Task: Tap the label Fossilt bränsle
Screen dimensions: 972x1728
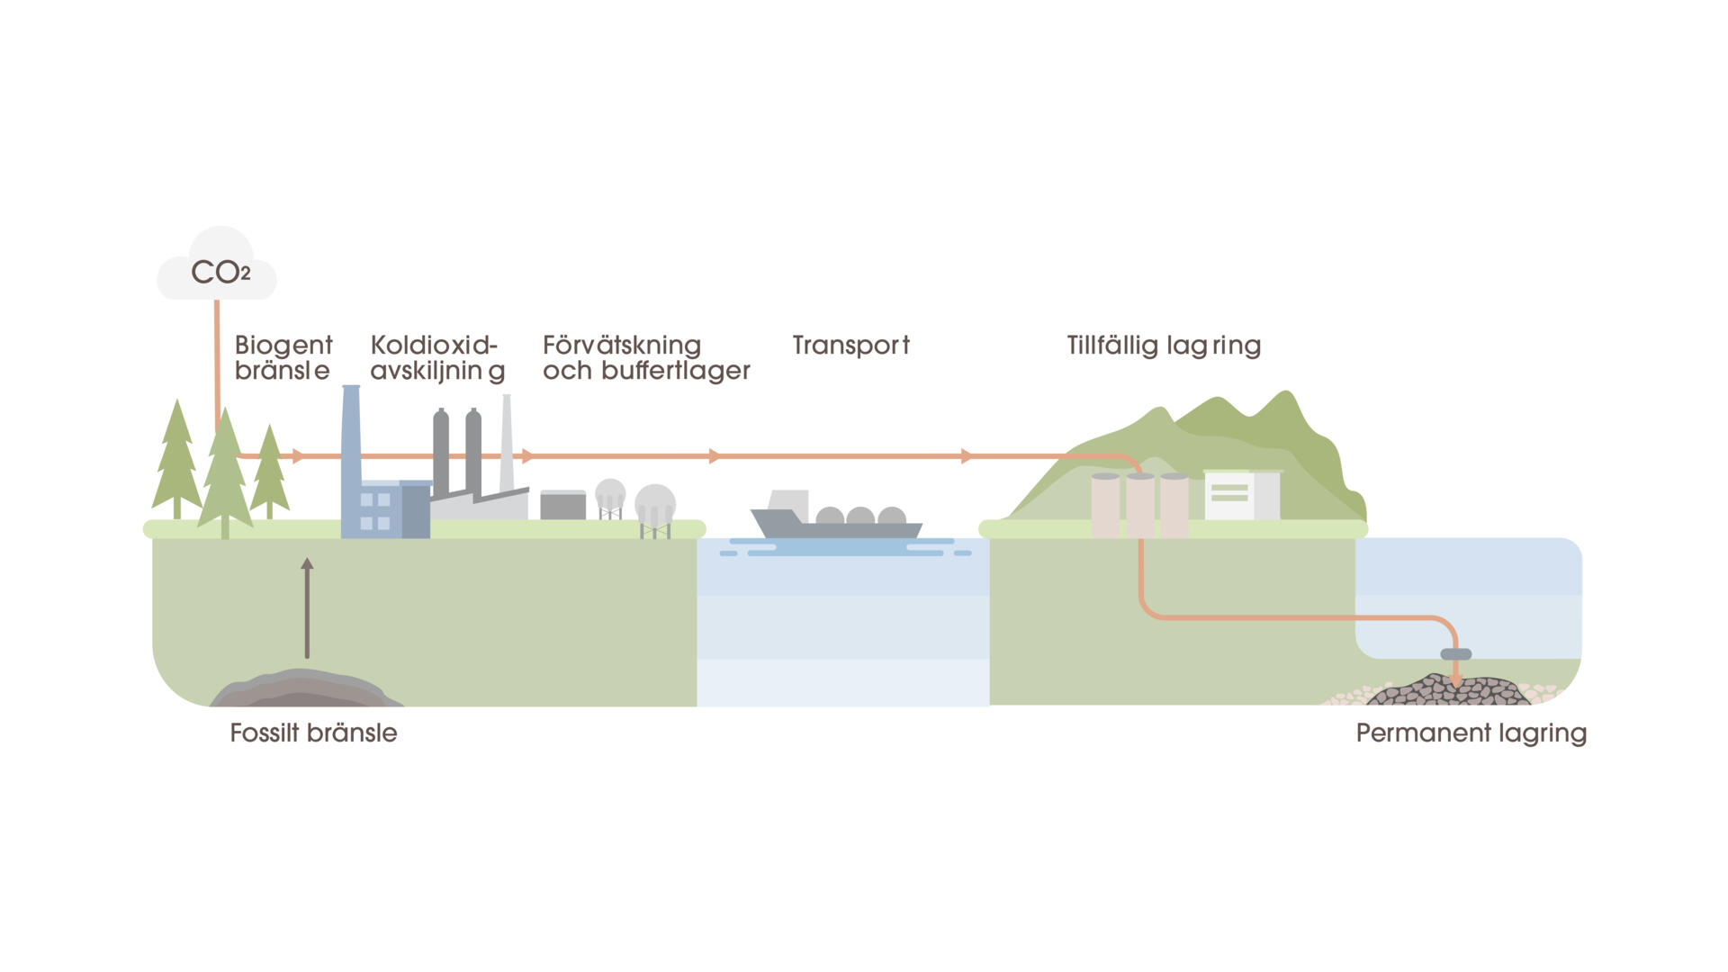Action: click(x=313, y=733)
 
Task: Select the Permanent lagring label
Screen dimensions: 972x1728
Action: click(x=1471, y=733)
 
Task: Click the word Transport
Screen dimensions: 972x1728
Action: click(x=850, y=346)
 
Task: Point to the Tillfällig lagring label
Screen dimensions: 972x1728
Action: click(x=1163, y=346)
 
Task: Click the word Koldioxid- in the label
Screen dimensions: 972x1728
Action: click(x=434, y=346)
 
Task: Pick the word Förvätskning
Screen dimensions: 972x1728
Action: click(x=621, y=346)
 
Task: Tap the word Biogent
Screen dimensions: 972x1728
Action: click(x=283, y=346)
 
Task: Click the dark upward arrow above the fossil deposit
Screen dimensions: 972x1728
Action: click(x=307, y=607)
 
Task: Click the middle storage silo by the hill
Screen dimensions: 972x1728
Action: click(x=1140, y=506)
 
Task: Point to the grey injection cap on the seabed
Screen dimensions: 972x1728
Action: click(x=1455, y=654)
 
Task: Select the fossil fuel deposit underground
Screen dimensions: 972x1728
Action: click(x=306, y=689)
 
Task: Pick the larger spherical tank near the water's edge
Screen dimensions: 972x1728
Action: click(x=655, y=504)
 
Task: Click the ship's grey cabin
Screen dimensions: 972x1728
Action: click(x=788, y=502)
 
